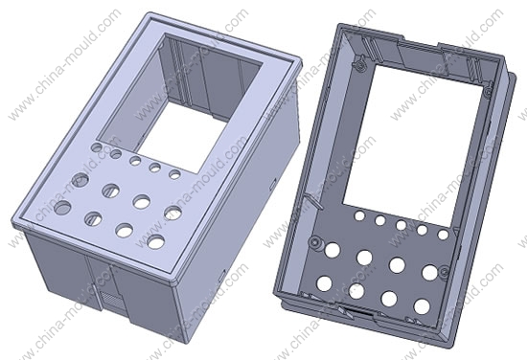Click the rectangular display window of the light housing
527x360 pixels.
(181, 101)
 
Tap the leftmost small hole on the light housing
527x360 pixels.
(98, 147)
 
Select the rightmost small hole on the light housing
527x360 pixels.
(174, 174)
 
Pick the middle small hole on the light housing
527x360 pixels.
(135, 161)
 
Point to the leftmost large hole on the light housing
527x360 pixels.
(62, 208)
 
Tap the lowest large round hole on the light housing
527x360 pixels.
(156, 242)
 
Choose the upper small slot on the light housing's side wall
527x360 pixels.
(272, 184)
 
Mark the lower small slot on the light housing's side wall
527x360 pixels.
(221, 277)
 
